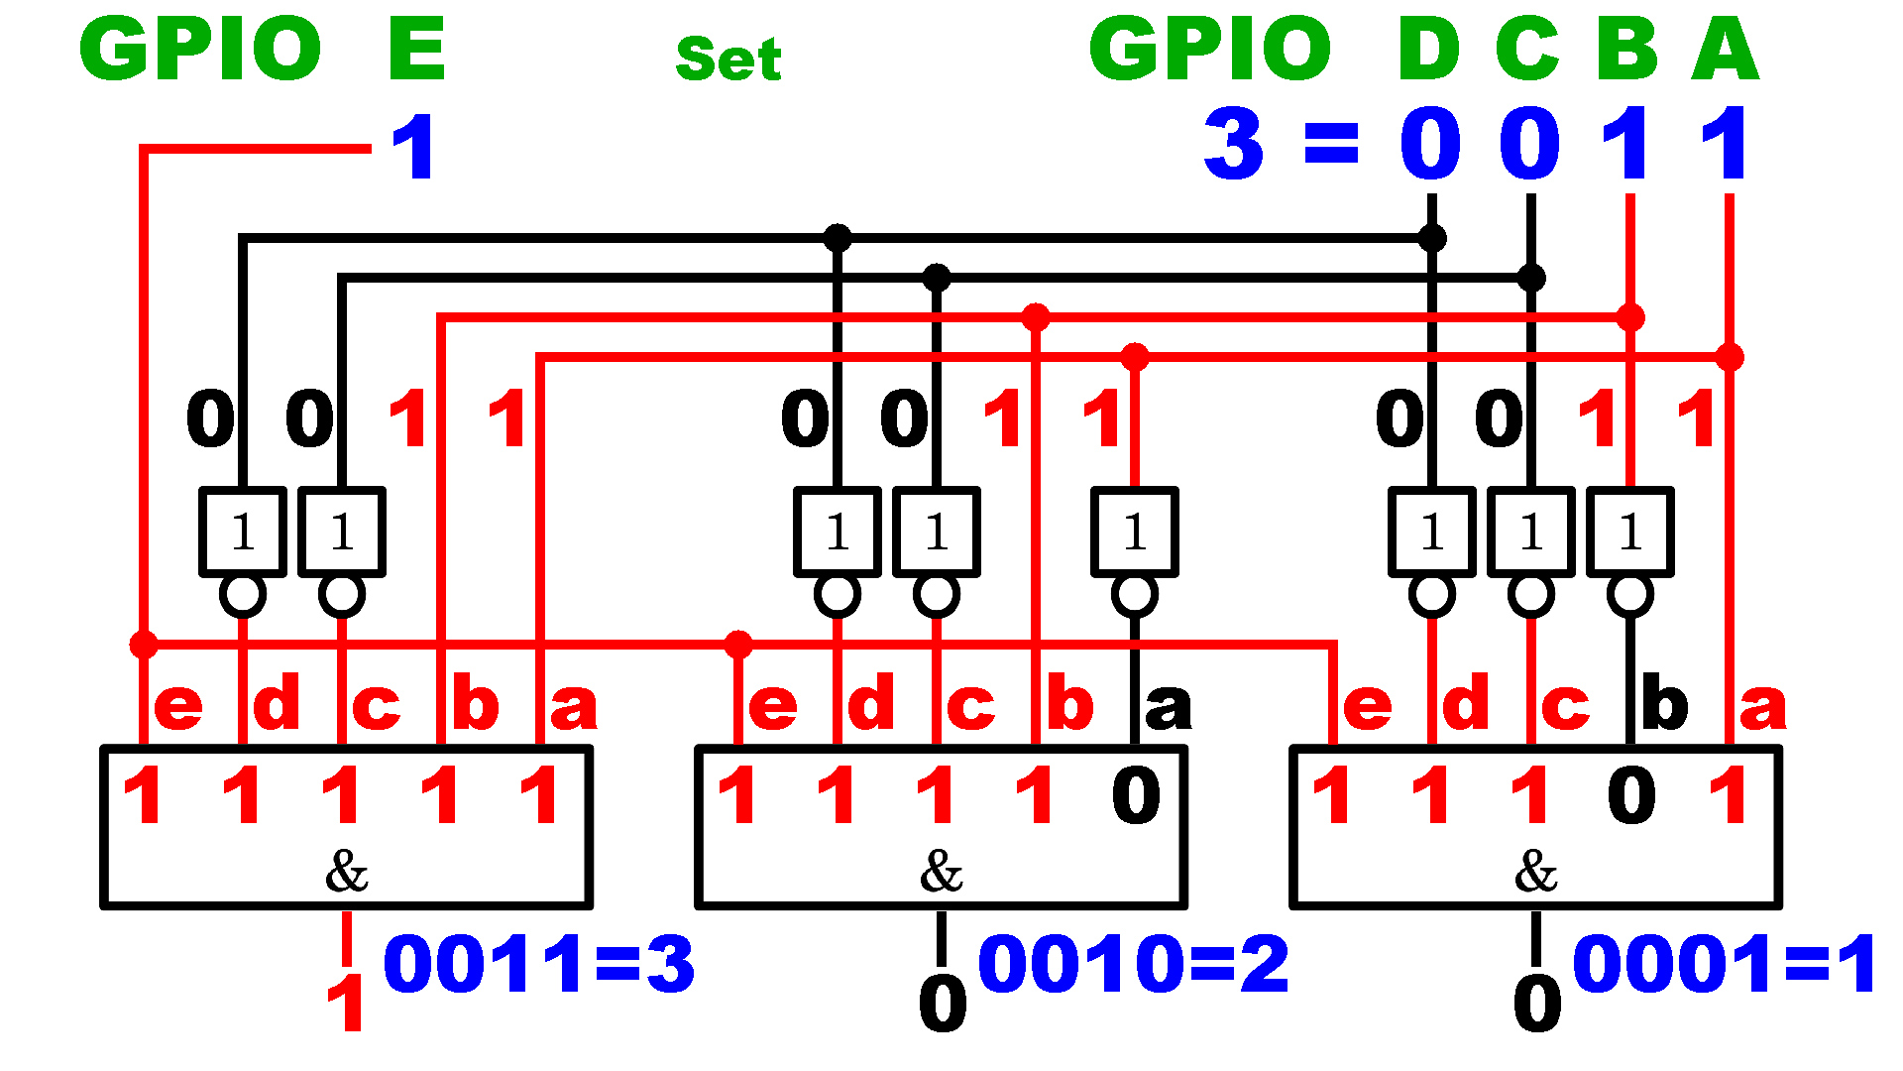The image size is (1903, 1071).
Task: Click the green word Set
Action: tap(728, 59)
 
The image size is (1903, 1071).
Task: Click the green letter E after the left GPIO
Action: tap(417, 49)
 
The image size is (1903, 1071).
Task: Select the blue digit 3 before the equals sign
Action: tap(1234, 145)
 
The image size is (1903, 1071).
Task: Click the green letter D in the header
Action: tap(1428, 49)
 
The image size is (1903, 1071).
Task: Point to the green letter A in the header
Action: tap(1725, 49)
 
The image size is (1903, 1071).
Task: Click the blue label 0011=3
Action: tap(539, 964)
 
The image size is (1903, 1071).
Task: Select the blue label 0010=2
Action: tap(1134, 964)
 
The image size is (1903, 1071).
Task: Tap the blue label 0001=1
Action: tap(1725, 964)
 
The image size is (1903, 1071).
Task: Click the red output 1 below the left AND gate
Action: tap(346, 1004)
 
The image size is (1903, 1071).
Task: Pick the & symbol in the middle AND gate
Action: tap(941, 872)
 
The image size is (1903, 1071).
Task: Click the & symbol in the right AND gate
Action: tap(1535, 872)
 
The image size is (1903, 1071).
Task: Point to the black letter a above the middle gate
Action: tap(1168, 706)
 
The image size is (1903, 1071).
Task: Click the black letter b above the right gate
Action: tap(1664, 703)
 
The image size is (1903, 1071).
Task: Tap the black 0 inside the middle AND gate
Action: tap(1136, 795)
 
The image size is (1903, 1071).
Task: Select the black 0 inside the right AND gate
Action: tap(1631, 795)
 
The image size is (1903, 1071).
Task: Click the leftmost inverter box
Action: tap(243, 532)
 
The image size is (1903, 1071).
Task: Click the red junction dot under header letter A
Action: tap(1730, 357)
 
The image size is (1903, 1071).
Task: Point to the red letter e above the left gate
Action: tap(178, 706)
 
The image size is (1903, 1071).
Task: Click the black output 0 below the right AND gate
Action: tap(1537, 1004)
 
